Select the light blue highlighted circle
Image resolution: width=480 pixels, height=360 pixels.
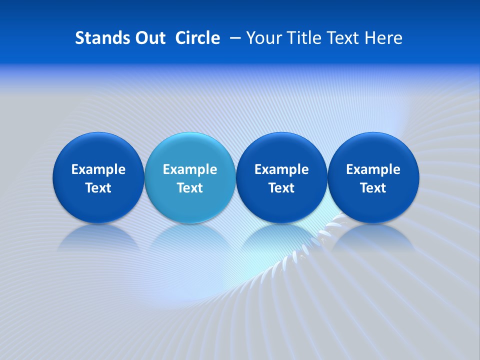pyautogui.click(x=190, y=177)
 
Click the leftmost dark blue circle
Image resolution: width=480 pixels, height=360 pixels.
pyautogui.click(x=98, y=177)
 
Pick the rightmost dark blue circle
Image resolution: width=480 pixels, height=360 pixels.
pyautogui.click(x=373, y=177)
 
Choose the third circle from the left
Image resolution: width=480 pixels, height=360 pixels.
pyautogui.click(x=281, y=177)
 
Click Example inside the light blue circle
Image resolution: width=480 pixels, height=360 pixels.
pyautogui.click(x=190, y=169)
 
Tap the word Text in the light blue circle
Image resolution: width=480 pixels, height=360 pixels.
pyautogui.click(x=190, y=188)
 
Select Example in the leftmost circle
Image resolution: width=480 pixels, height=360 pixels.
pyautogui.click(x=98, y=169)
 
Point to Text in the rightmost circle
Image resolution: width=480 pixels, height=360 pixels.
pyautogui.click(x=373, y=188)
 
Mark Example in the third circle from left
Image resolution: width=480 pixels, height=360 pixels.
pyautogui.click(x=281, y=169)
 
